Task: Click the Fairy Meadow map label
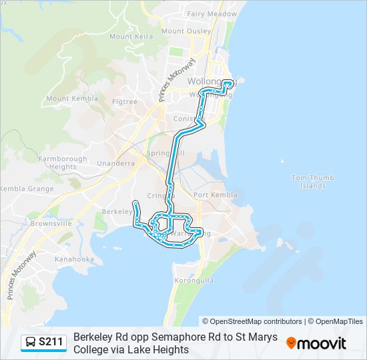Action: pyautogui.click(x=212, y=13)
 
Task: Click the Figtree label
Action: pyautogui.click(x=125, y=102)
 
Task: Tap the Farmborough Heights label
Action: pyautogui.click(x=63, y=163)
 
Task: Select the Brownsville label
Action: pyautogui.click(x=51, y=224)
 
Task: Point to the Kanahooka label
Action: pyautogui.click(x=74, y=259)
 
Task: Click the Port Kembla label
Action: pyautogui.click(x=215, y=195)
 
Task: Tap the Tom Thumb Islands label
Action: pyautogui.click(x=308, y=181)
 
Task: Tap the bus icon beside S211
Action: pyautogui.click(x=31, y=343)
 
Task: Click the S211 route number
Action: pyautogui.click(x=51, y=343)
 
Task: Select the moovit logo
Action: pyautogui.click(x=316, y=343)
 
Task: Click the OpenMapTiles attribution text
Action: pyautogui.click(x=338, y=321)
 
